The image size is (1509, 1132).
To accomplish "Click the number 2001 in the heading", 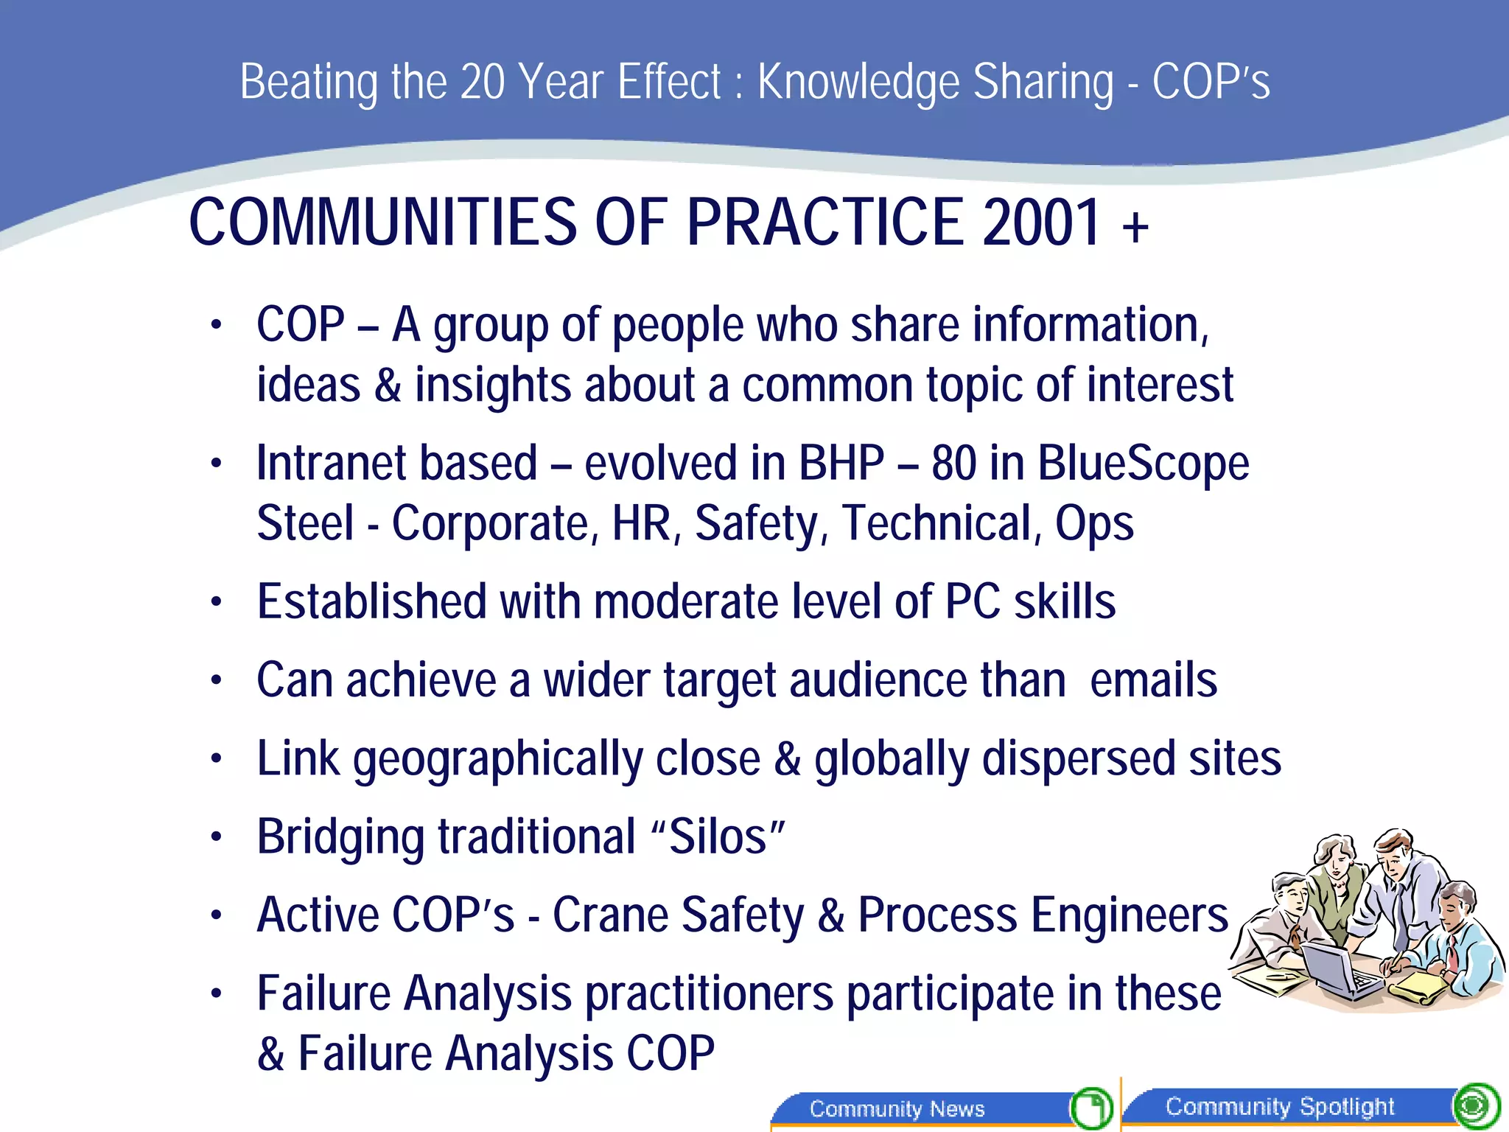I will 1041,223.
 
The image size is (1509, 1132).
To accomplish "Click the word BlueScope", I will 1143,464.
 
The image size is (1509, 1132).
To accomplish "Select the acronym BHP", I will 841,464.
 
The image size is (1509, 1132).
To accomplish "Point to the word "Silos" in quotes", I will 718,837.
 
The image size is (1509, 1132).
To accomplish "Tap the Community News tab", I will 897,1108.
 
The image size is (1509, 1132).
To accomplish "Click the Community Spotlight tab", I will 1280,1106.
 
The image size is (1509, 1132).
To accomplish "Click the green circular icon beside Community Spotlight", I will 1476,1105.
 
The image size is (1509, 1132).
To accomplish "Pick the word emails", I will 1153,680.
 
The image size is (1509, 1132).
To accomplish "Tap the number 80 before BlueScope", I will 954,464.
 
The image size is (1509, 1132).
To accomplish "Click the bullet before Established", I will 216,603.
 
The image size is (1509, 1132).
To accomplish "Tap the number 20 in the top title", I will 482,82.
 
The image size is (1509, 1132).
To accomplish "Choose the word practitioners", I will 709,994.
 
